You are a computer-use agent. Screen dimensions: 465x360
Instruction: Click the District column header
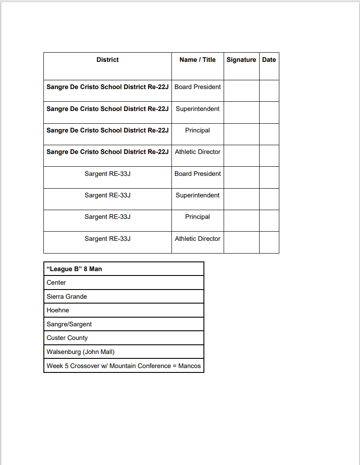tap(107, 60)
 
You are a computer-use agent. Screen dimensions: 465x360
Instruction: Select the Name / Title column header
tap(197, 60)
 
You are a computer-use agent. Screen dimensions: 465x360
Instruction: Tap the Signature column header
tap(241, 60)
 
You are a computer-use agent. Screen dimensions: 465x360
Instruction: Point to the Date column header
tap(269, 60)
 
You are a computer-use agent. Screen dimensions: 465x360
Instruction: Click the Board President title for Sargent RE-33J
tap(197, 174)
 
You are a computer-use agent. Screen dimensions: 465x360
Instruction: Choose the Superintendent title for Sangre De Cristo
tap(197, 109)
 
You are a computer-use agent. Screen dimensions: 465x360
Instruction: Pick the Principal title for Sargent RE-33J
tap(197, 217)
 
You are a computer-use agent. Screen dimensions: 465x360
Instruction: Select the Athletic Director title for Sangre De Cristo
tap(197, 152)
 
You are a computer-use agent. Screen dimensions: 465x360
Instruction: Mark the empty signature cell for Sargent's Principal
tap(241, 220)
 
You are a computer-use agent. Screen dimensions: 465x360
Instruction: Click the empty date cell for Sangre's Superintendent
tap(269, 112)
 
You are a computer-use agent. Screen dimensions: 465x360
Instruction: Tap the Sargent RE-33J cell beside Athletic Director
tap(107, 239)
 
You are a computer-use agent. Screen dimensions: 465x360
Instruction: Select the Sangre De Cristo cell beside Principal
tap(107, 130)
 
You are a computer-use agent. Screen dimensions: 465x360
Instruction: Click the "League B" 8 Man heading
tap(74, 269)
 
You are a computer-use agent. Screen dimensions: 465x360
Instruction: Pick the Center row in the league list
tap(56, 283)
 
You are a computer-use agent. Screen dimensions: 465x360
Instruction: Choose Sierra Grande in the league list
tap(67, 297)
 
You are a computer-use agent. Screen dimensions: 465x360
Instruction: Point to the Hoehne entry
tap(58, 310)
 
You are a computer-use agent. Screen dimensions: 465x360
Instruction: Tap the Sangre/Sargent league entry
tap(69, 324)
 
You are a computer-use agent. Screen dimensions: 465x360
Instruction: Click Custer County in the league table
tap(67, 338)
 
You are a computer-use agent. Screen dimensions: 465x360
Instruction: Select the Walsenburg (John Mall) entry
tap(80, 352)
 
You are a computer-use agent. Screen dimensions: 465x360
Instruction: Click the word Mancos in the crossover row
tap(189, 366)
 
